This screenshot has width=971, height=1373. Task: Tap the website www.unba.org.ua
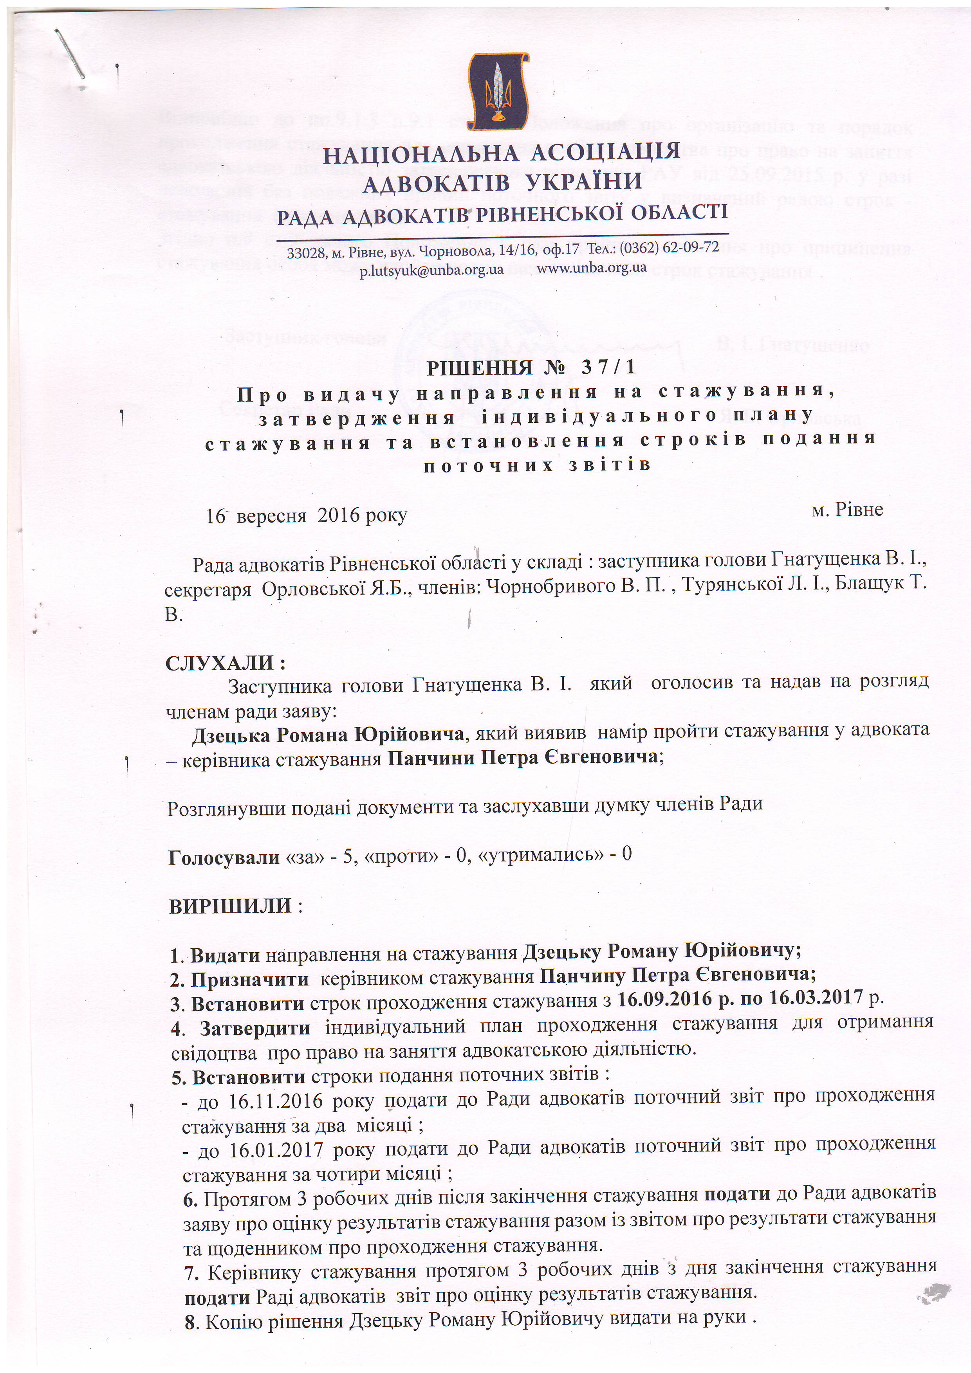click(591, 267)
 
